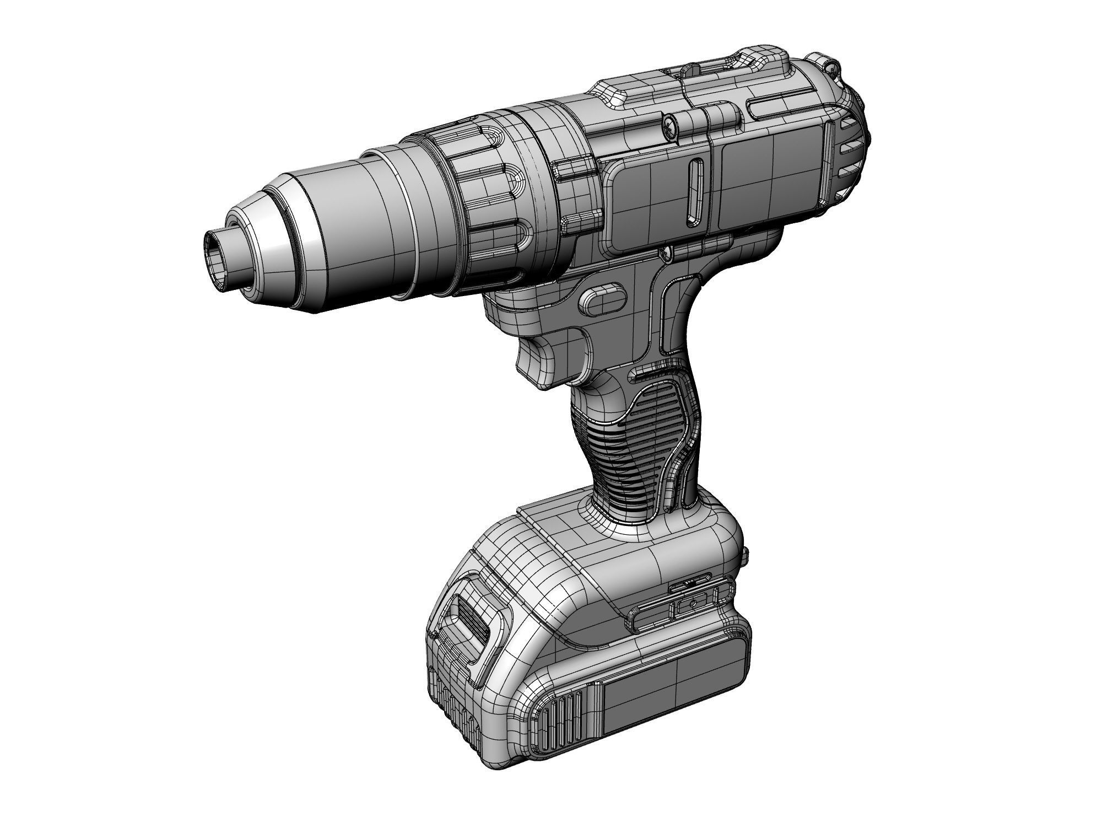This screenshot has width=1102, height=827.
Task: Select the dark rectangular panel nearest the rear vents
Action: (x=771, y=182)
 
